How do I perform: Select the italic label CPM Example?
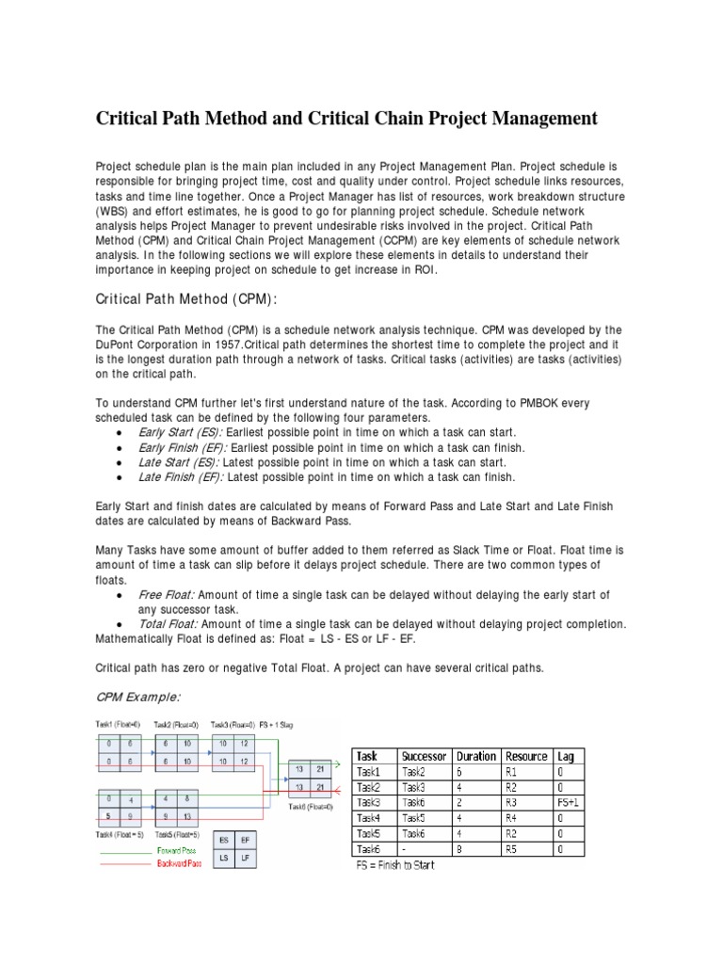pyautogui.click(x=138, y=697)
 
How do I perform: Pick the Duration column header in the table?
pyautogui.click(x=475, y=756)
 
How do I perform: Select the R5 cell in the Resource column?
pyautogui.click(x=514, y=849)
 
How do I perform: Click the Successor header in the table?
pyautogui.click(x=423, y=756)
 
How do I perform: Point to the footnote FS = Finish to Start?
pyautogui.click(x=394, y=865)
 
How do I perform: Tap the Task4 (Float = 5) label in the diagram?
pyautogui.click(x=118, y=834)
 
